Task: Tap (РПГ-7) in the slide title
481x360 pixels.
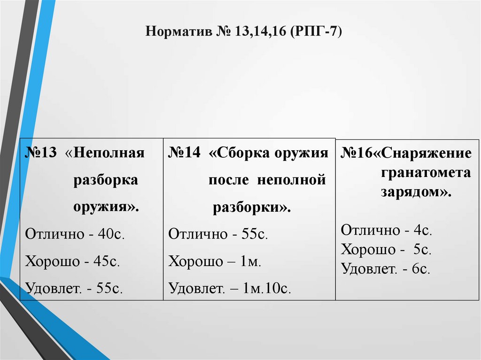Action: pos(317,32)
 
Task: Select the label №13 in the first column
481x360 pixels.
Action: pos(41,153)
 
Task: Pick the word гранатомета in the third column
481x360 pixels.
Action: pos(426,173)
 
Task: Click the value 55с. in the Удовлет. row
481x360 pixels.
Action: pos(109,288)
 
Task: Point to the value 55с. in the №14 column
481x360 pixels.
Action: pos(254,234)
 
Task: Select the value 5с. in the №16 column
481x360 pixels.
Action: pos(423,250)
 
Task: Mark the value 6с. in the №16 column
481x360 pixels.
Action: pos(421,269)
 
